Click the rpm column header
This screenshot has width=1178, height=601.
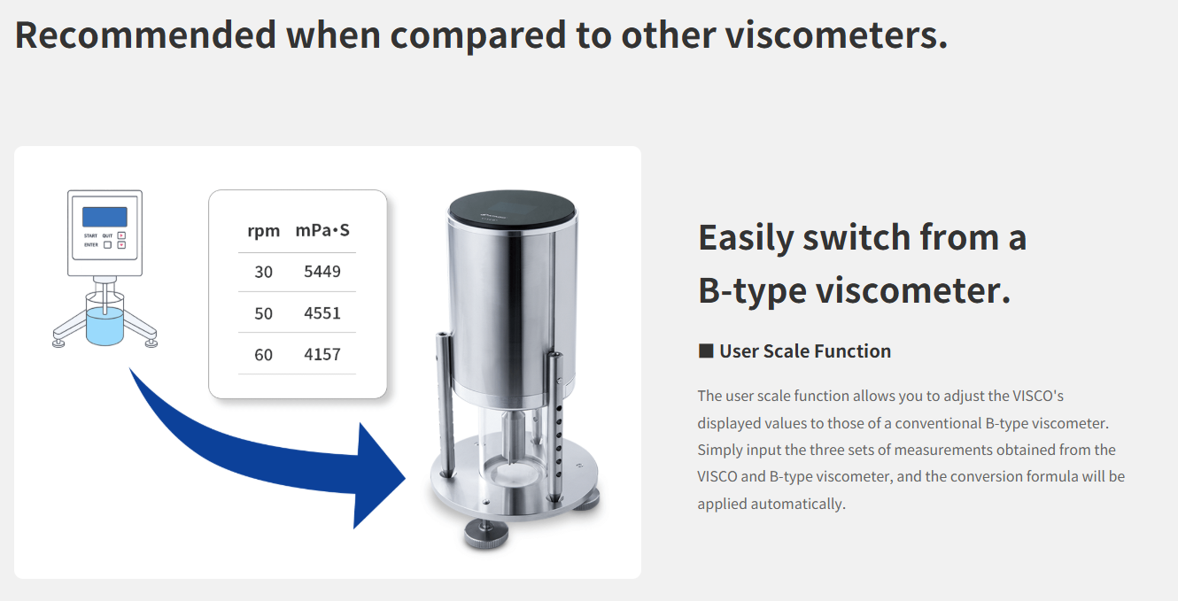(x=263, y=231)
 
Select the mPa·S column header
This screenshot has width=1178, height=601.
(x=322, y=230)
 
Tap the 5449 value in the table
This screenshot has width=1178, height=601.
(x=322, y=272)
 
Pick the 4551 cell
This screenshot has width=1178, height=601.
(x=322, y=313)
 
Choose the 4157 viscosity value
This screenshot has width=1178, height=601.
(x=322, y=355)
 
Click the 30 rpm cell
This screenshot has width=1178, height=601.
(x=263, y=272)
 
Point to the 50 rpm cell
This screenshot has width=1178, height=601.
(x=263, y=313)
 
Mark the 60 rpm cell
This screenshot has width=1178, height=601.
(x=263, y=355)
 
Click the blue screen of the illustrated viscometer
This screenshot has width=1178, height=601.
(x=105, y=217)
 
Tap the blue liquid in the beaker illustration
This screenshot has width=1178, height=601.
(x=105, y=327)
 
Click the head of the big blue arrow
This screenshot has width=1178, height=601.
(x=379, y=476)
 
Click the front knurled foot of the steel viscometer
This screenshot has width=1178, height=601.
(x=486, y=534)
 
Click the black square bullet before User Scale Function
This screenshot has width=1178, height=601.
(x=706, y=351)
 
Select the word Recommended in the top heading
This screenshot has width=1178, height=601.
(x=145, y=35)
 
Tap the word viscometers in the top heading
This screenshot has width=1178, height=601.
(x=836, y=35)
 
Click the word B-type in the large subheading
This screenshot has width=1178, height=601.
(x=752, y=290)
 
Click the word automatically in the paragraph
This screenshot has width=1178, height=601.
(x=798, y=504)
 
